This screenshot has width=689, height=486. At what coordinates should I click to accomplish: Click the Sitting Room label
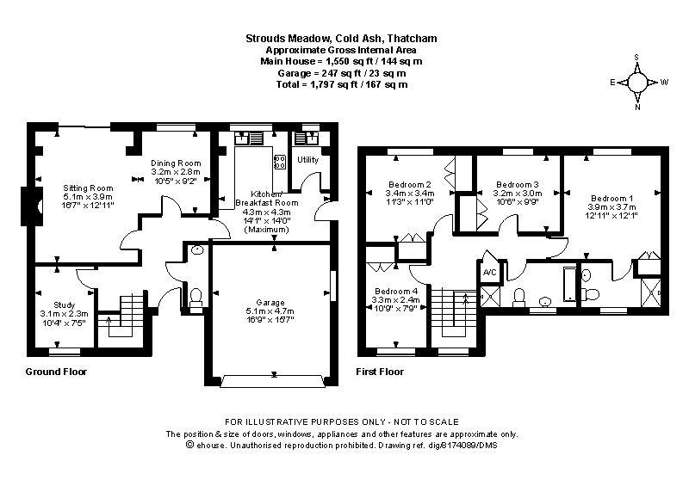pyautogui.click(x=88, y=188)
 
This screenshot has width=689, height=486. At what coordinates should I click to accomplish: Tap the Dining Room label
pyautogui.click(x=176, y=163)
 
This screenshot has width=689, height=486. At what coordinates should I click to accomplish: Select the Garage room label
pyautogui.click(x=270, y=303)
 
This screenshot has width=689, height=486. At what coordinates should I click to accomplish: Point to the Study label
pyautogui.click(x=64, y=305)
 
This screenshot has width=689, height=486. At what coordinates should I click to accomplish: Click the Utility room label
pyautogui.click(x=307, y=159)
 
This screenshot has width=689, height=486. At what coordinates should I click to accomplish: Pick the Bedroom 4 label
pyautogui.click(x=396, y=291)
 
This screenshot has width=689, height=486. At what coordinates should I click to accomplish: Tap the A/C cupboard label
pyautogui.click(x=489, y=273)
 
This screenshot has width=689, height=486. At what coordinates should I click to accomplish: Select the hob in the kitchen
pyautogui.click(x=279, y=162)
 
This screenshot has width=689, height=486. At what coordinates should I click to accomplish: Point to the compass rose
pyautogui.click(x=637, y=82)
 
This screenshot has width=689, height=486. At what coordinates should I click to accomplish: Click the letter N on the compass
pyautogui.click(x=637, y=107)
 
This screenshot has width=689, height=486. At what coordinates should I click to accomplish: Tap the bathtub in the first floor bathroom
pyautogui.click(x=570, y=284)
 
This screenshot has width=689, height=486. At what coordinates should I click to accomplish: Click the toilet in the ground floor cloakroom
pyautogui.click(x=196, y=297)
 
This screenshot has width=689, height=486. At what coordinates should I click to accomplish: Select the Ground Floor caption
pyautogui.click(x=56, y=372)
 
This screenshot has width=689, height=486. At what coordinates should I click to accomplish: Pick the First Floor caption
pyautogui.click(x=380, y=372)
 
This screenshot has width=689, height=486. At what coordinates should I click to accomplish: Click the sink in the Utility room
pyautogui.click(x=307, y=138)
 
